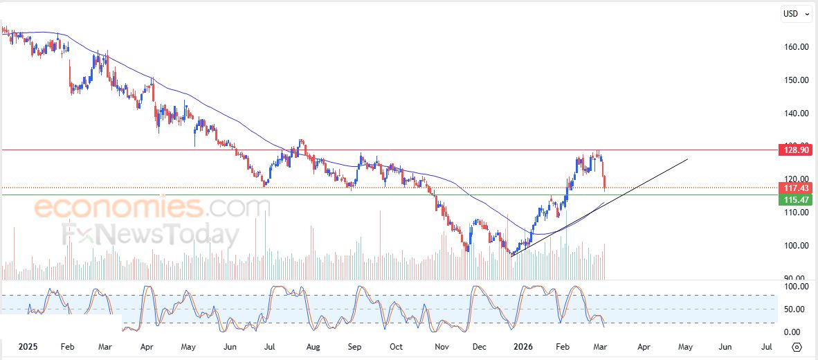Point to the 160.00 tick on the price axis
797,47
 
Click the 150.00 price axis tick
797,80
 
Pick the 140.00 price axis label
797,114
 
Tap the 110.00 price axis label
797,213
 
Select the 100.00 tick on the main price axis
797,246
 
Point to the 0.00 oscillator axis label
792,332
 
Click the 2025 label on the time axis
28,346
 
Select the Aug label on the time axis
313,346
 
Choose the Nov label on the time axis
441,346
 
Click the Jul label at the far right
767,346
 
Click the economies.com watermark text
152,207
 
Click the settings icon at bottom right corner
797,347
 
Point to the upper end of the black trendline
688,159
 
